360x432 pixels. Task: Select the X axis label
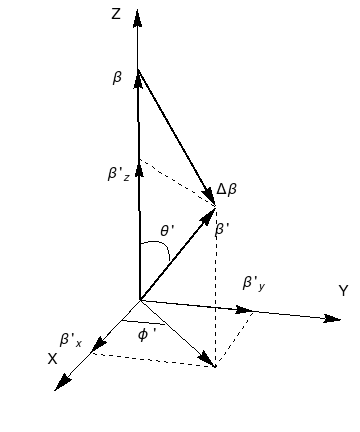(53, 357)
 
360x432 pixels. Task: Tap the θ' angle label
(168, 233)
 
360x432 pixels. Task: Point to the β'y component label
(255, 284)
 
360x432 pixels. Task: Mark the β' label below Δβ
(222, 228)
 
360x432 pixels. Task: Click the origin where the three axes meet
(139, 299)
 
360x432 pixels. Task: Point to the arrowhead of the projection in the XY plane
(210, 363)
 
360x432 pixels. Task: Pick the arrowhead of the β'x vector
(96, 348)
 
